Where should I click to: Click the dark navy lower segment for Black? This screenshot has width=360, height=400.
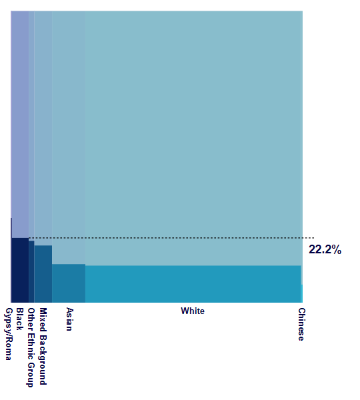(x=20, y=270)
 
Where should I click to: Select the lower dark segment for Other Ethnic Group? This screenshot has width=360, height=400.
(x=31, y=272)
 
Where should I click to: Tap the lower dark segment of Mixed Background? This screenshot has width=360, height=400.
(x=43, y=274)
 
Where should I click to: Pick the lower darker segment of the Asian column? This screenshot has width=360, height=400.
(x=68, y=283)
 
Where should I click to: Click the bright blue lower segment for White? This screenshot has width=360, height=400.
(x=193, y=284)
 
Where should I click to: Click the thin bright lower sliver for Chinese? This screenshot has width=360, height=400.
(x=301, y=294)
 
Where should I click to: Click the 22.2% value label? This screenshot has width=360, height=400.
(x=325, y=250)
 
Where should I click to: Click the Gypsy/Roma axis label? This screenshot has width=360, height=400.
(x=9, y=334)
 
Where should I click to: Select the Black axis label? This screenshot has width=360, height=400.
(x=19, y=319)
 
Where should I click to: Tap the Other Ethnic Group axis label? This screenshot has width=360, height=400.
(x=31, y=347)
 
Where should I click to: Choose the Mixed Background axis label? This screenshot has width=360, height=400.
(x=43, y=346)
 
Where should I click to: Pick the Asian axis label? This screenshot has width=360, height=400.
(x=69, y=319)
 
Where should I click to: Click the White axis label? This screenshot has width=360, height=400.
(x=193, y=311)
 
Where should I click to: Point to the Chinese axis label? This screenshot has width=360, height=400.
(x=301, y=324)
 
